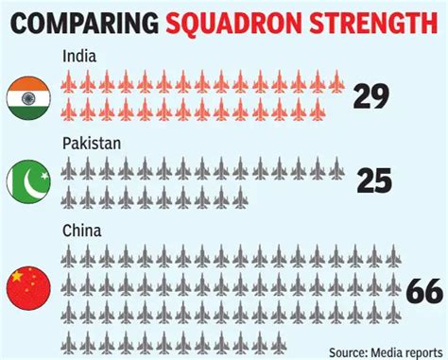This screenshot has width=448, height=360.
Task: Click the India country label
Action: pos(79,58)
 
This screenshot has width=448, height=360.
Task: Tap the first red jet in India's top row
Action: pos(69,83)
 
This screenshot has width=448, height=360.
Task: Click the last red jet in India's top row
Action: pos(336,83)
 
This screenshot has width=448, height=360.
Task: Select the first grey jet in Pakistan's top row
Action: pos(69,168)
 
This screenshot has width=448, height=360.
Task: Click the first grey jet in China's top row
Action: pos(69,255)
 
